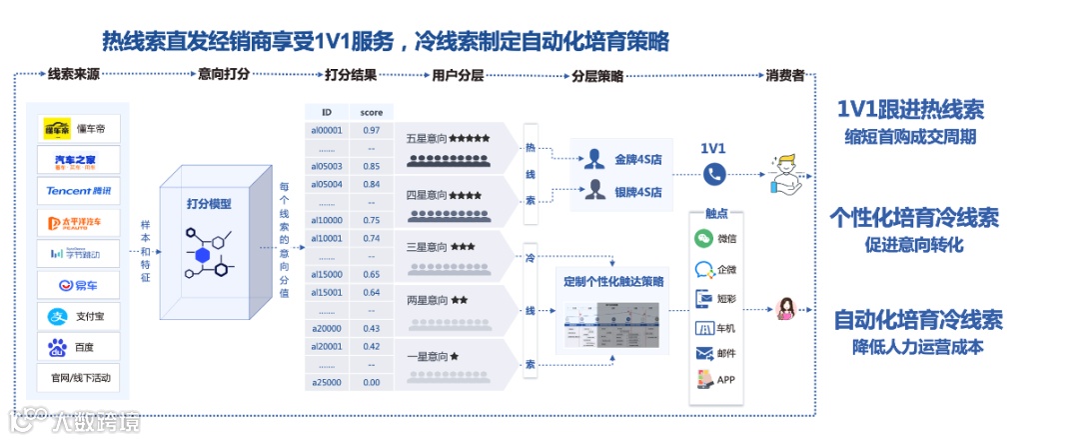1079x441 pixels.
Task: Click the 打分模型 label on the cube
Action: (x=209, y=204)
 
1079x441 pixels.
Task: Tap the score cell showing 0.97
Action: (x=371, y=130)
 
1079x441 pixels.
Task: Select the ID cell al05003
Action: (x=327, y=166)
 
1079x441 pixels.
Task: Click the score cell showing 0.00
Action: (x=371, y=382)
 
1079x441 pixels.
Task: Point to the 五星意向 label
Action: (x=425, y=138)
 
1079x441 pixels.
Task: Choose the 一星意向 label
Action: (x=427, y=355)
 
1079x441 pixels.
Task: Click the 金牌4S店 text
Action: (x=639, y=158)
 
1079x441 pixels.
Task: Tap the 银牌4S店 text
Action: (x=639, y=189)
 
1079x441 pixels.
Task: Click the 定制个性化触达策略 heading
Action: (x=613, y=281)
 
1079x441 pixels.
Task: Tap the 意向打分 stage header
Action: (x=224, y=74)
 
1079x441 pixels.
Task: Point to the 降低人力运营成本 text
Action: (x=917, y=347)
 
